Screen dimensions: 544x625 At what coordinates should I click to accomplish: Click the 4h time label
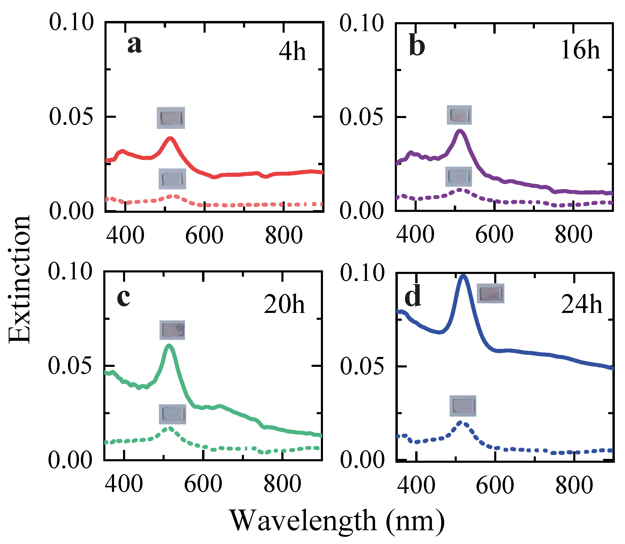292,52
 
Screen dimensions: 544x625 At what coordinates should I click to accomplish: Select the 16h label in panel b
580,50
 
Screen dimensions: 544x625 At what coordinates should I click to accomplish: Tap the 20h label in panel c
284,305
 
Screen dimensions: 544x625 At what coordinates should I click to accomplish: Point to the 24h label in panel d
581,305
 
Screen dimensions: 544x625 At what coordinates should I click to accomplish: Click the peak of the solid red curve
170,139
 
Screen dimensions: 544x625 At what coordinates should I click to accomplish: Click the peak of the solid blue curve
463,276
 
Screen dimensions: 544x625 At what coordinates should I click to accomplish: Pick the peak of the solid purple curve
460,131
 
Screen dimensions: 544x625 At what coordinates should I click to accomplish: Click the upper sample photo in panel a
171,118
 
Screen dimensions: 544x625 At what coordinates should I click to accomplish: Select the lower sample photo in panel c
172,414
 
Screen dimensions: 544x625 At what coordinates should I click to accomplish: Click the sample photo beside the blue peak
490,293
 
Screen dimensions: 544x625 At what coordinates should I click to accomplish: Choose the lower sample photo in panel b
459,176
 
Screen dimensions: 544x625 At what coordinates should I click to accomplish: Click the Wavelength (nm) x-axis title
336,521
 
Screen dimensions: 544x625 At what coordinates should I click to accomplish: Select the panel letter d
413,297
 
